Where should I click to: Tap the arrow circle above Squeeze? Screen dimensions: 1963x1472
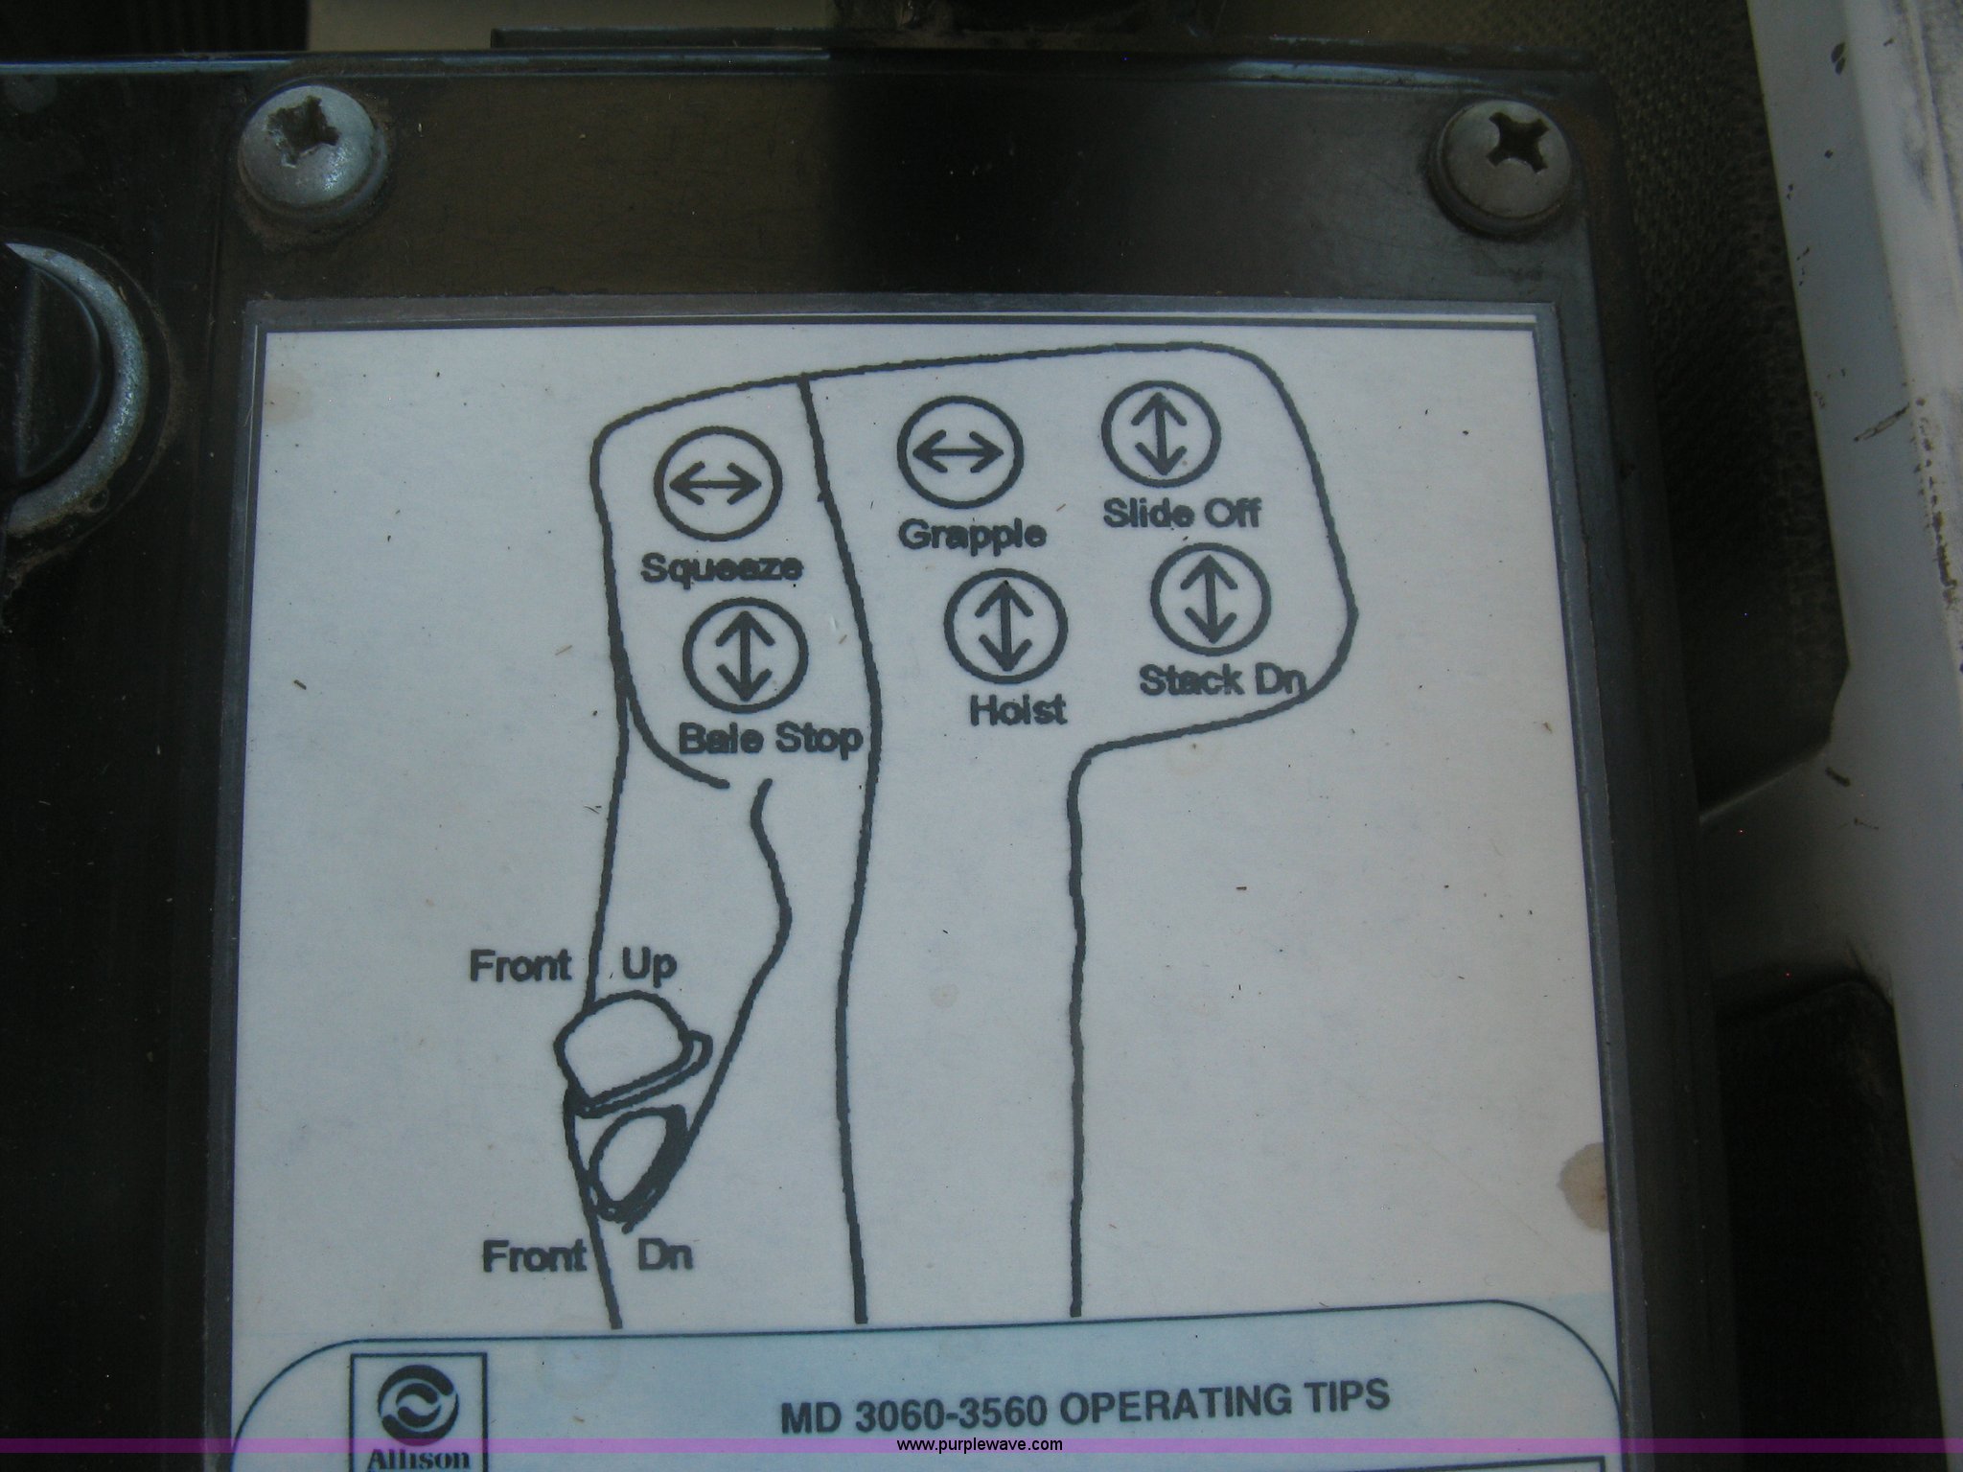[718, 488]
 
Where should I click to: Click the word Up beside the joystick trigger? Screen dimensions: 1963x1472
[649, 966]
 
